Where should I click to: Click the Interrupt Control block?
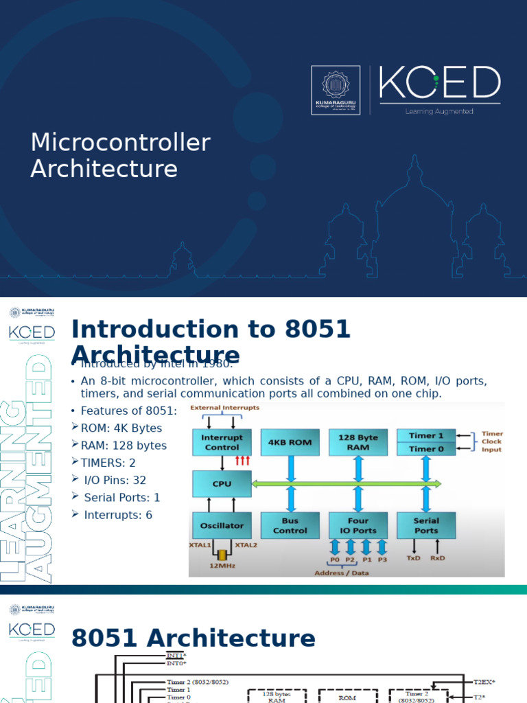[x=222, y=443]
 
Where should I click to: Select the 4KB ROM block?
[x=290, y=443]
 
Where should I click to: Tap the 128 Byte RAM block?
[x=358, y=443]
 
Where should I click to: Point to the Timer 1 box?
[x=426, y=435]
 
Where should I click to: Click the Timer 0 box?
[x=426, y=449]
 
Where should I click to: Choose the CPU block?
[x=222, y=484]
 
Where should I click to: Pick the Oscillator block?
[x=222, y=526]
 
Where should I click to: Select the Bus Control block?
[x=290, y=526]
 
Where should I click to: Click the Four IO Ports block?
[x=358, y=526]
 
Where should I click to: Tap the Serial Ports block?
[x=426, y=526]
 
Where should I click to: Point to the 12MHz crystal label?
[x=222, y=566]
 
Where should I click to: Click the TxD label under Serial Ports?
[x=413, y=558]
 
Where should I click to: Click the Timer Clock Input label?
[x=491, y=442]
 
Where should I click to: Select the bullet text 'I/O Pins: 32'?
[x=115, y=480]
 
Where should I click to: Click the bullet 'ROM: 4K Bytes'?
[x=121, y=428]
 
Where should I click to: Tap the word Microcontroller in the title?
[x=120, y=143]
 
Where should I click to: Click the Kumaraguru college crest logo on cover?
[x=336, y=89]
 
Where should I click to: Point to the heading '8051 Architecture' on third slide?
[x=193, y=638]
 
